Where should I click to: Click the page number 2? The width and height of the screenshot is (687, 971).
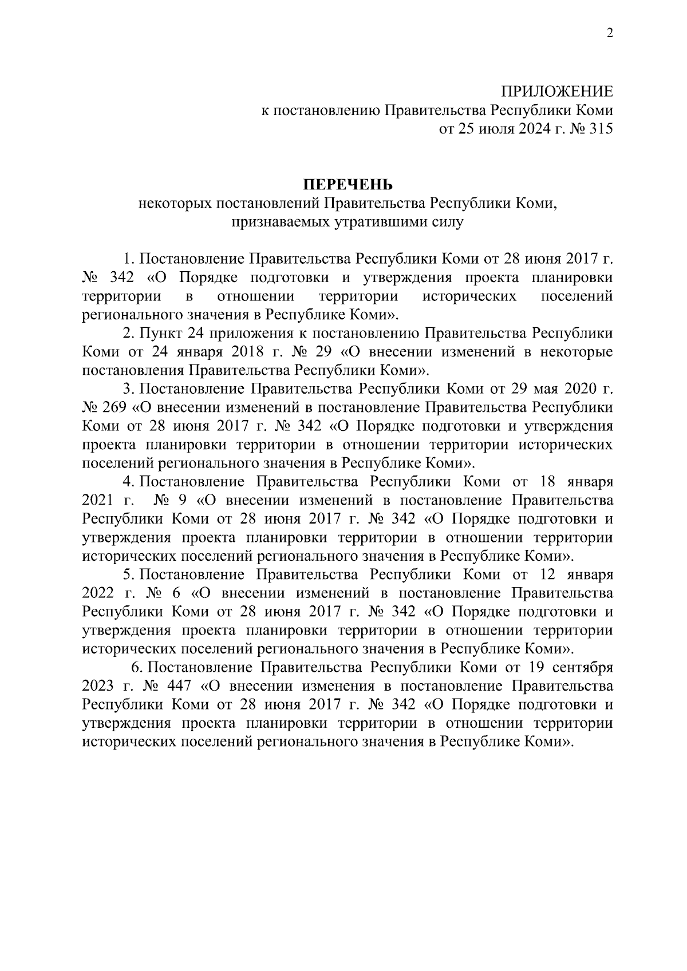pos(610,33)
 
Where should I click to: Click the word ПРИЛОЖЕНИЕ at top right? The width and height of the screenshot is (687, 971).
pos(557,92)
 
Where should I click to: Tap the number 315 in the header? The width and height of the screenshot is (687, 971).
pos(601,129)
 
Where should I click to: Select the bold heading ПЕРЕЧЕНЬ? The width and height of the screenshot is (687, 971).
pos(348,185)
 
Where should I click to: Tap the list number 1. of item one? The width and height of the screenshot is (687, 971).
pos(128,259)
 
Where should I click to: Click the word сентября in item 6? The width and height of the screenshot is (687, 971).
pos(583,667)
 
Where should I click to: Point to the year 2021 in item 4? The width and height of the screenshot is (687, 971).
pos(97,500)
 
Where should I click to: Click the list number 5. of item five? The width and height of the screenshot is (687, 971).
pos(128,574)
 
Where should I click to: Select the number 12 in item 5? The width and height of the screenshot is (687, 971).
pos(547,574)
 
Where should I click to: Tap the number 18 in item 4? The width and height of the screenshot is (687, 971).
pos(547,482)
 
